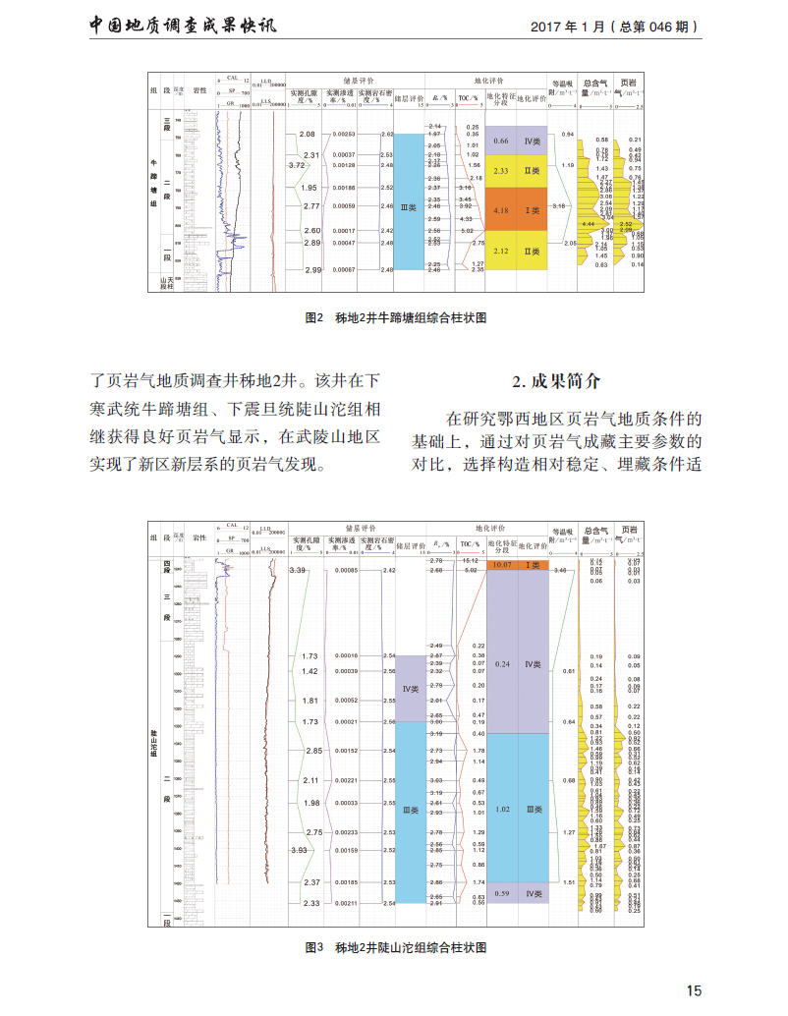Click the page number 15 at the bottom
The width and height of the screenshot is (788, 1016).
click(x=695, y=989)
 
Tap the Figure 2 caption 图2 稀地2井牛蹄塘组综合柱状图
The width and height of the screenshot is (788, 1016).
click(x=397, y=318)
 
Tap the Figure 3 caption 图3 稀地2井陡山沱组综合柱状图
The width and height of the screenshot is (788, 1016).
click(x=397, y=947)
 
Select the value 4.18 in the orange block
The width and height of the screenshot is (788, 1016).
click(x=500, y=210)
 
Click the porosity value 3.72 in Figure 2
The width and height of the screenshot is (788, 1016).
click(x=297, y=165)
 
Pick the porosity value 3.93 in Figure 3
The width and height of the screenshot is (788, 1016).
click(x=298, y=850)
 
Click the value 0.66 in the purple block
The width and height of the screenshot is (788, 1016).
click(x=500, y=141)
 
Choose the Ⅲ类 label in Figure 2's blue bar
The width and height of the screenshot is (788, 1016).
click(x=408, y=206)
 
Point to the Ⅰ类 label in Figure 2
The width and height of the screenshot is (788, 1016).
click(x=532, y=210)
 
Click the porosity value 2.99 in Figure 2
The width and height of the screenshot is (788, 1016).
click(x=312, y=269)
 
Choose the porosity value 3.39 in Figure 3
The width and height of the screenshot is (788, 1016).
click(x=299, y=570)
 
